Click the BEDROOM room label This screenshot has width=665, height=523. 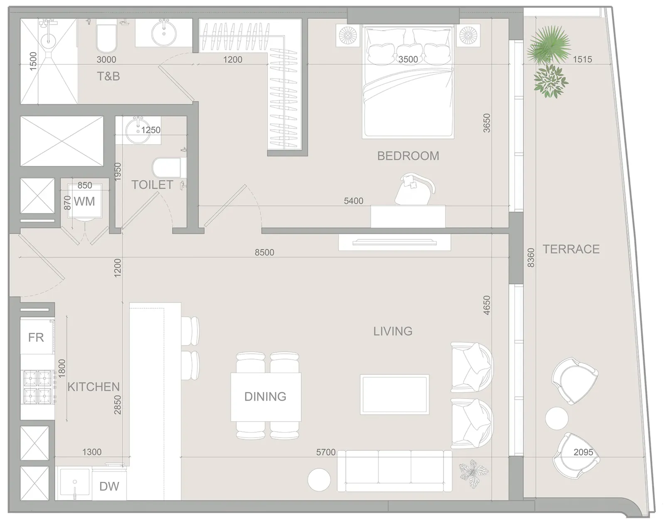(x=408, y=156)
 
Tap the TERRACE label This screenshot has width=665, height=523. (x=571, y=249)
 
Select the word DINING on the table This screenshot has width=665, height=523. (x=265, y=397)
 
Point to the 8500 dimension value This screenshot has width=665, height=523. (x=264, y=253)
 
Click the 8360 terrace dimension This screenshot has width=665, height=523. (x=531, y=258)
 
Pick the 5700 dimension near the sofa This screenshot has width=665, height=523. (x=326, y=452)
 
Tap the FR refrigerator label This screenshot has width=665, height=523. (x=36, y=337)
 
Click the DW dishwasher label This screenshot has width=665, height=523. (x=109, y=486)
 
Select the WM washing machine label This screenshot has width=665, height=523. (x=84, y=201)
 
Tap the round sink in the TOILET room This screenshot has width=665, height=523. (x=138, y=130)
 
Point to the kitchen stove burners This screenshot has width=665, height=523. (x=38, y=388)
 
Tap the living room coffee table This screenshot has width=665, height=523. (x=394, y=395)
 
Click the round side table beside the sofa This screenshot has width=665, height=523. (x=319, y=480)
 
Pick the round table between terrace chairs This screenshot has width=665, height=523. (x=557, y=419)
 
